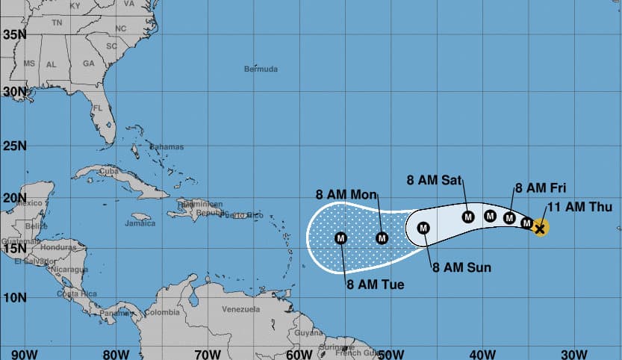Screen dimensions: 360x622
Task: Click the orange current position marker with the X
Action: click(x=540, y=228)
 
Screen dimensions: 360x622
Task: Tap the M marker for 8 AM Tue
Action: click(x=341, y=238)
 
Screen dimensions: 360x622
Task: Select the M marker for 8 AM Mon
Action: click(x=382, y=238)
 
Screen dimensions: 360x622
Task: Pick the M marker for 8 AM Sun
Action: click(x=423, y=228)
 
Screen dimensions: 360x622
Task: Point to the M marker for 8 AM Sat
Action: click(x=468, y=217)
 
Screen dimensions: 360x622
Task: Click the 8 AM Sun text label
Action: click(x=461, y=267)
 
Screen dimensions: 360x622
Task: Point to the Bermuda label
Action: click(x=261, y=69)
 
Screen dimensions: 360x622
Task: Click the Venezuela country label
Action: click(x=240, y=309)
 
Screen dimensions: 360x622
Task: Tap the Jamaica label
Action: click(x=140, y=223)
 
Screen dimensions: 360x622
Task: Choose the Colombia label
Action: click(x=162, y=312)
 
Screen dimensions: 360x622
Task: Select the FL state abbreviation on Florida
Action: click(x=96, y=108)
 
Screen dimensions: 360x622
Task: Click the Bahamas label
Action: click(x=166, y=146)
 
